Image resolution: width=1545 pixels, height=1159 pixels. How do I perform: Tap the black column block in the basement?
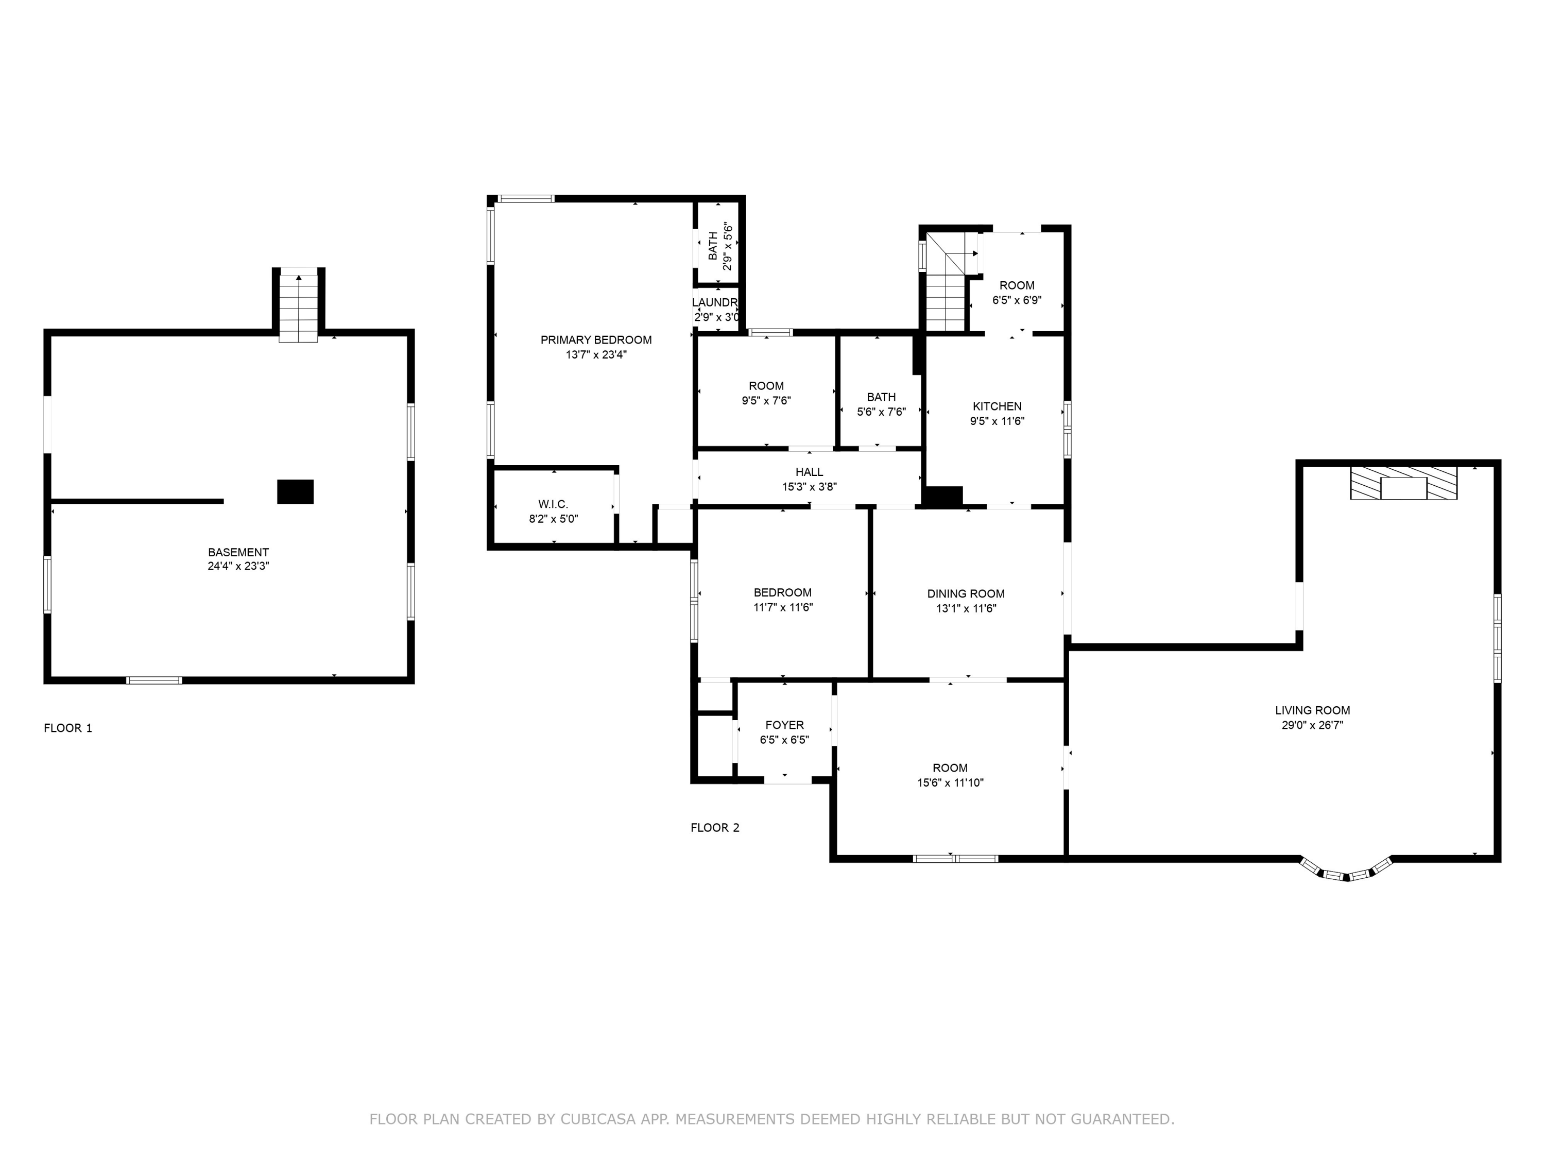(296, 492)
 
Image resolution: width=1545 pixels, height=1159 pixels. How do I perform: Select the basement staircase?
(298, 306)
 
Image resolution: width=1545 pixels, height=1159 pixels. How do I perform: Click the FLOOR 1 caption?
(68, 728)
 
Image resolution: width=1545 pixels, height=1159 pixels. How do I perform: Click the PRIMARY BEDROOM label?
(596, 340)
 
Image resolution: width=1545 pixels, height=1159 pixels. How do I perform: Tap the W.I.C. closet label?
(553, 504)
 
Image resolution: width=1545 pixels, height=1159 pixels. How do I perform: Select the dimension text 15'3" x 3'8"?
(810, 487)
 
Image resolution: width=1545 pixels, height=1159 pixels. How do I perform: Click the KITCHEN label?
(998, 406)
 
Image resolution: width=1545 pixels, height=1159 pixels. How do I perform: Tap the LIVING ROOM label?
(1312, 710)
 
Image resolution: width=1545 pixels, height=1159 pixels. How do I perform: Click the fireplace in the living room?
(1404, 484)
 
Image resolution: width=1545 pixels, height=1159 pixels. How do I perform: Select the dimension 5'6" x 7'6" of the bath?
(882, 412)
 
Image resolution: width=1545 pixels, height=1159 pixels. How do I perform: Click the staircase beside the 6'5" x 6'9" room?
(946, 283)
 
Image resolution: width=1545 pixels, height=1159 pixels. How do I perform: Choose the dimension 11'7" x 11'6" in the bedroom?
(783, 608)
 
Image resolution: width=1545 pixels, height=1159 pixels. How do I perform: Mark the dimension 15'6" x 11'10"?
(951, 783)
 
